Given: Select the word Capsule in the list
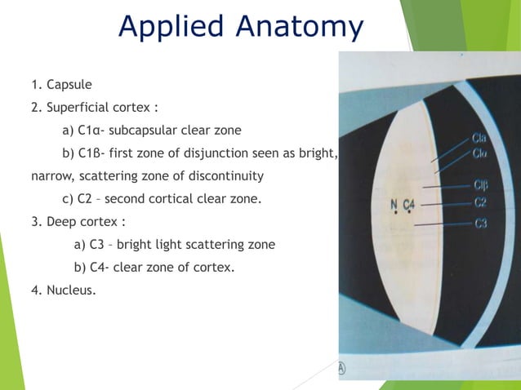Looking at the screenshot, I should [69, 84].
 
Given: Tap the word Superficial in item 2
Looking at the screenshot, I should [81, 107].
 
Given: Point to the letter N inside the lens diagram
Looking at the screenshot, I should [394, 204].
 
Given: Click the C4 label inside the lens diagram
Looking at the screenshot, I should [409, 204].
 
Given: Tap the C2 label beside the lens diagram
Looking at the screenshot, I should [481, 202].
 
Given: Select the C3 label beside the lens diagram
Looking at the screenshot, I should [481, 223].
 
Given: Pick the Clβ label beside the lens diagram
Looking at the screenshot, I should [481, 184].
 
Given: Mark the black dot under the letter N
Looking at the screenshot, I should [394, 214].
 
